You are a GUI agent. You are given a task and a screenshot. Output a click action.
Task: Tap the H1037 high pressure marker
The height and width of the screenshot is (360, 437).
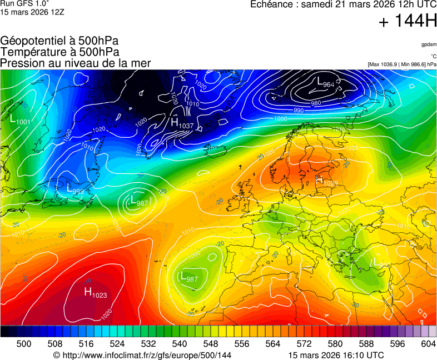click(182, 124)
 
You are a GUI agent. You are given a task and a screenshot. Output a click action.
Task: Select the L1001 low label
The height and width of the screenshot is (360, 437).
click(21, 120)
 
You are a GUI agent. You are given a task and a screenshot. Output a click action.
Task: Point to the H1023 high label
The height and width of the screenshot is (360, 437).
click(95, 292)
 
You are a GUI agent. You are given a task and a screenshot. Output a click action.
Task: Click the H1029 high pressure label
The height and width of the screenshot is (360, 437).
click(327, 181)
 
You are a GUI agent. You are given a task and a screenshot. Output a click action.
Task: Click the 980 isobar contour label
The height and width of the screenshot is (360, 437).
click(316, 103)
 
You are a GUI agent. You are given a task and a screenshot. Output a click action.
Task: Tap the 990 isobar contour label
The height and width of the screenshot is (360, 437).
click(298, 111)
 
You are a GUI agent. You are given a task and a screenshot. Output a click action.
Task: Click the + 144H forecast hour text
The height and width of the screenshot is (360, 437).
click(408, 22)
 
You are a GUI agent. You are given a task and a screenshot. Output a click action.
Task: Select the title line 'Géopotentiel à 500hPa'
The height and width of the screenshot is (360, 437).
click(59, 41)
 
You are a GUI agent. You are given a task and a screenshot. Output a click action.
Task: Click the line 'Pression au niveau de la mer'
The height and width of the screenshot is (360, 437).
click(75, 63)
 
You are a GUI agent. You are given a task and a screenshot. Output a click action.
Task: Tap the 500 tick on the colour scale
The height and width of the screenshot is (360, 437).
click(24, 344)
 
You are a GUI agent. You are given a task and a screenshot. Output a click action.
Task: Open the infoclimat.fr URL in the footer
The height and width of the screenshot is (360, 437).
click(142, 355)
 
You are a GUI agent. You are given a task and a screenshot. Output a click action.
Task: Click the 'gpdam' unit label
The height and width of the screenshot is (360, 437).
click(429, 44)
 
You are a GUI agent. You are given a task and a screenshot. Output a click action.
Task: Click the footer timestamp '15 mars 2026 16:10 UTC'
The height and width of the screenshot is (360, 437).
click(336, 355)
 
